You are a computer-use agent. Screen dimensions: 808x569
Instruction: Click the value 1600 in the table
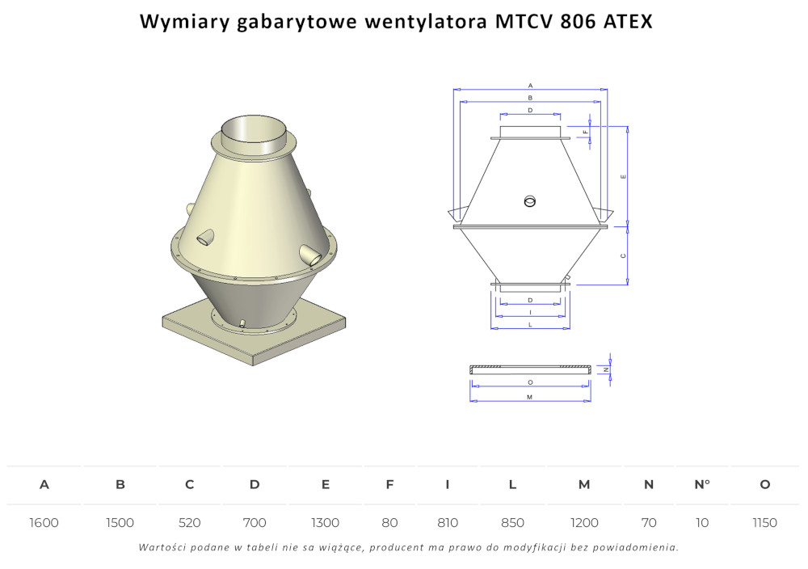(44, 523)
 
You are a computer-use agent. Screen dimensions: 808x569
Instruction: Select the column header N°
(702, 484)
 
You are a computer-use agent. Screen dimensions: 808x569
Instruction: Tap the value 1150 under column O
(764, 523)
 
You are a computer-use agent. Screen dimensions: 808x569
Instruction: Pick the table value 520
(190, 523)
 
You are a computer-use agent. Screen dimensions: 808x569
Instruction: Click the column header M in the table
(584, 484)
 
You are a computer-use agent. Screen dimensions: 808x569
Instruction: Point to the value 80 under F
(389, 523)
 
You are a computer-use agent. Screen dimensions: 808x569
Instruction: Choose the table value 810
(448, 523)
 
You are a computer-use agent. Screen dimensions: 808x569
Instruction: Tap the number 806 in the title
(578, 22)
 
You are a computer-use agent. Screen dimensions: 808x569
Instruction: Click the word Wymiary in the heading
(184, 22)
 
